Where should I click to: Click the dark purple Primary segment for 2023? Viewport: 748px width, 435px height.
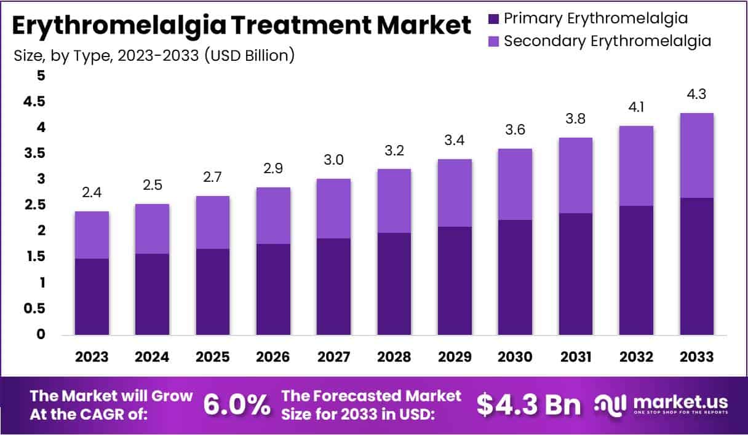pyautogui.click(x=92, y=297)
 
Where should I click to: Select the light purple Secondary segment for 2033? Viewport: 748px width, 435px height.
pyautogui.click(x=697, y=155)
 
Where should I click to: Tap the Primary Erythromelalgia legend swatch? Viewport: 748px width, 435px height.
pyautogui.click(x=493, y=18)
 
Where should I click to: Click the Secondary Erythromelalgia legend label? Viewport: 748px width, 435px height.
pyautogui.click(x=607, y=41)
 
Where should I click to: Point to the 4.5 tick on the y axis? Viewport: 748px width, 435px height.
pyautogui.click(x=36, y=102)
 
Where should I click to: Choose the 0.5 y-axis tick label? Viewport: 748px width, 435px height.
pyautogui.click(x=36, y=308)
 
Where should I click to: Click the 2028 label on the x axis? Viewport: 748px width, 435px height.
pyautogui.click(x=394, y=357)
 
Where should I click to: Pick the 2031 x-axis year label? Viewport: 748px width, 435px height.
pyautogui.click(x=576, y=357)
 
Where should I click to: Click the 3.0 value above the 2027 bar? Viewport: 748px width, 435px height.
pyautogui.click(x=334, y=160)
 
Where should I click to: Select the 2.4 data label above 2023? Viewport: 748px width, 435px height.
pyautogui.click(x=92, y=193)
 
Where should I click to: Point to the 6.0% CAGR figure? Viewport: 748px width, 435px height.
pyautogui.click(x=236, y=404)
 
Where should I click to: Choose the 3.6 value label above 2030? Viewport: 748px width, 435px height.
pyautogui.click(x=515, y=131)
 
